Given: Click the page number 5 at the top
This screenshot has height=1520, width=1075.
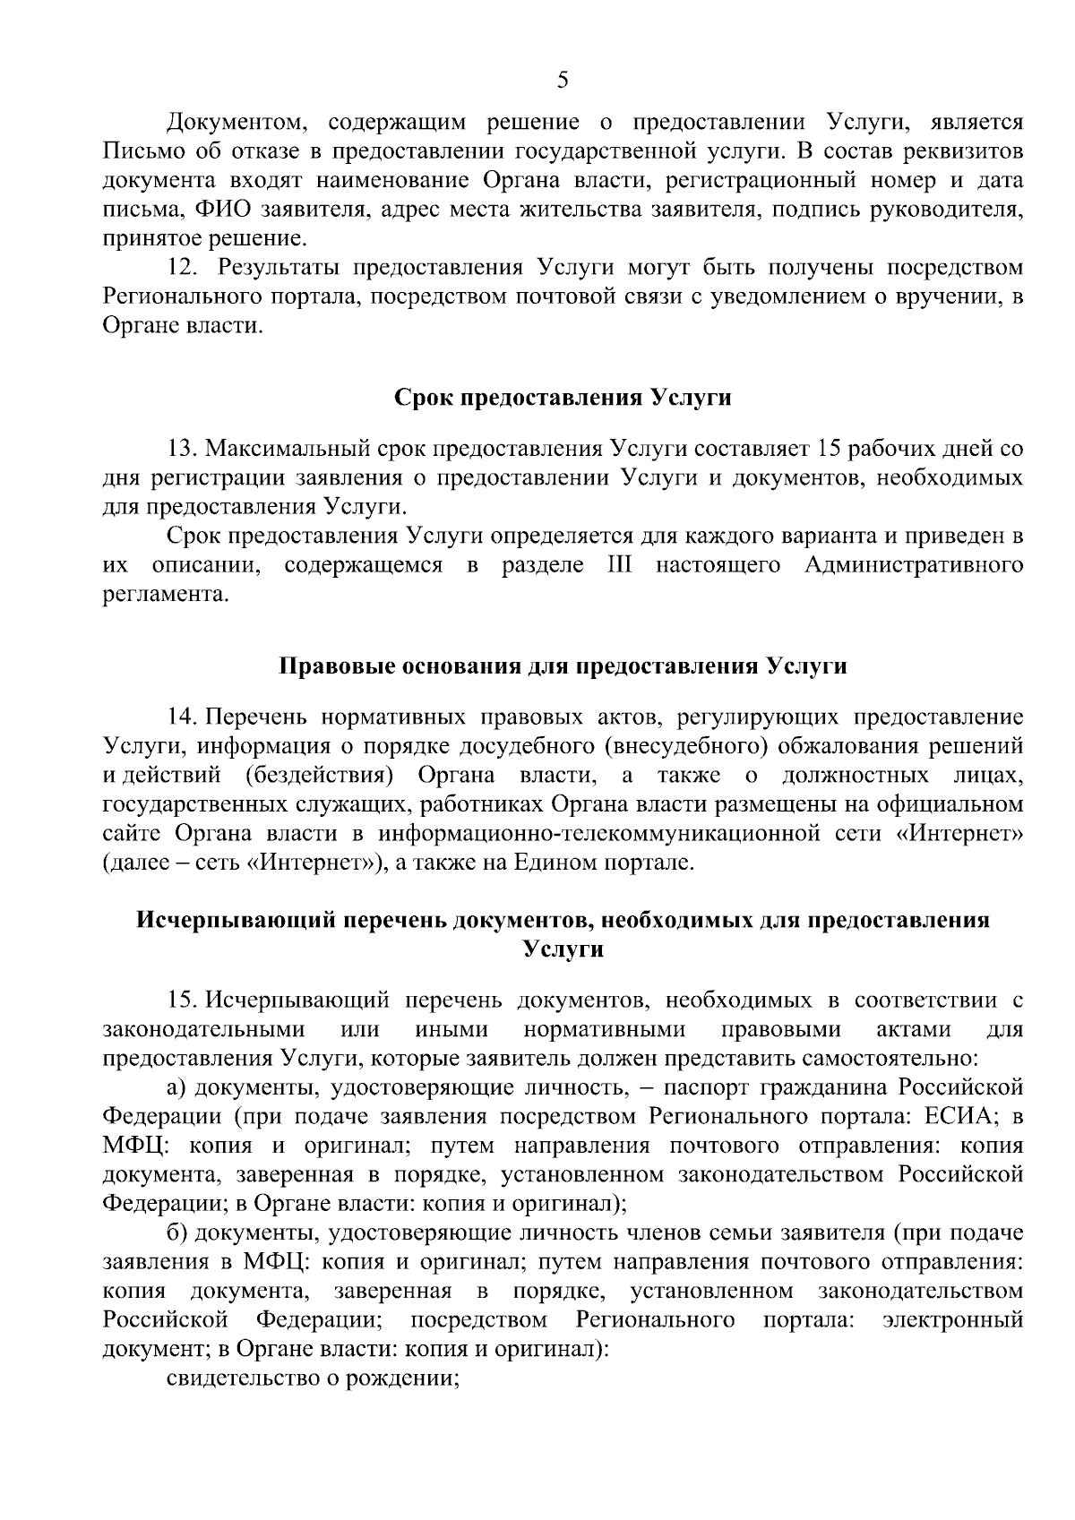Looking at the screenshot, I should point(562,81).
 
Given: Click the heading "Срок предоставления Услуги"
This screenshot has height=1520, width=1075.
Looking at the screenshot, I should point(563,398).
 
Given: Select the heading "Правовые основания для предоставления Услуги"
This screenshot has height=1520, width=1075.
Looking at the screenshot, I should point(563,667).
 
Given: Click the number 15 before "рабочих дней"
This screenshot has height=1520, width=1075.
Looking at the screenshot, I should point(824,448).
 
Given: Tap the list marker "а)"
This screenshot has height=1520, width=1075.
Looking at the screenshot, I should point(178,1087).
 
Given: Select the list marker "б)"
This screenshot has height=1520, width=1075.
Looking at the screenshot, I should point(177,1232).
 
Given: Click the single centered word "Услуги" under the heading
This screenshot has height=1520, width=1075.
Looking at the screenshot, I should point(563,949).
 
